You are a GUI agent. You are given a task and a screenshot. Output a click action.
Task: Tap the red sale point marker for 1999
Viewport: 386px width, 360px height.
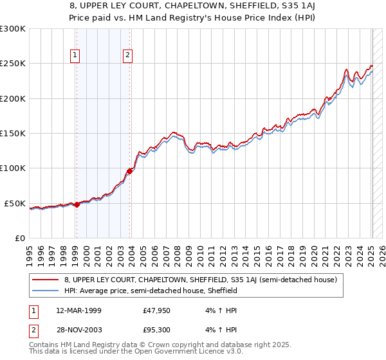(x=77, y=204)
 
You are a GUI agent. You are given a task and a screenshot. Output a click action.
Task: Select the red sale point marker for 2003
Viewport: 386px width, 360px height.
(x=130, y=171)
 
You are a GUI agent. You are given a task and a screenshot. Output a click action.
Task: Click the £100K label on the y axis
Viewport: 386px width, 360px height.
(x=13, y=168)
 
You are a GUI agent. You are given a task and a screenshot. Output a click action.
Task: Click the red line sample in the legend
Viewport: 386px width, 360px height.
(x=46, y=280)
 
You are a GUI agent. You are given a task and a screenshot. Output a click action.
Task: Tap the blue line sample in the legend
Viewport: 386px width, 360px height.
(x=46, y=291)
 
